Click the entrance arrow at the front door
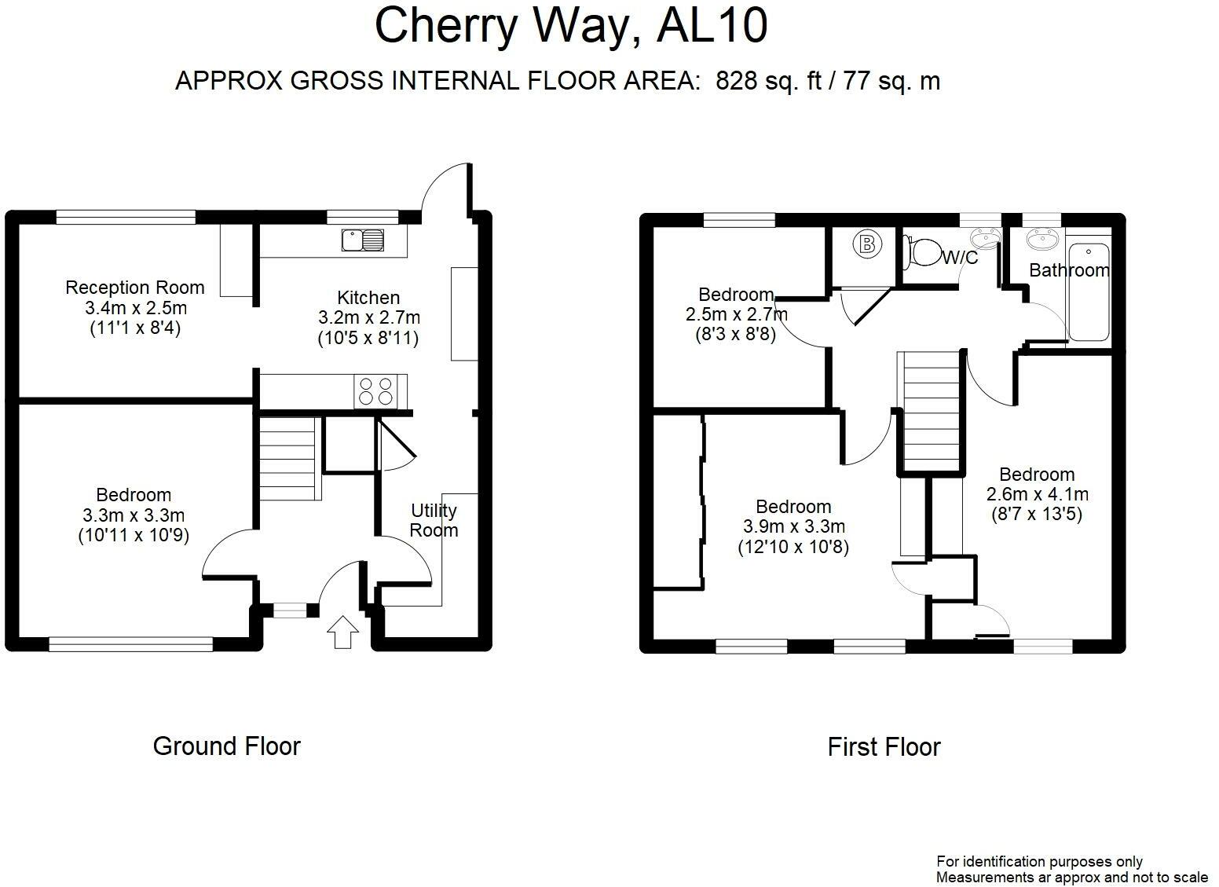point(342,632)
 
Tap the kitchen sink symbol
point(362,240)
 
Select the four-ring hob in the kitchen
point(375,391)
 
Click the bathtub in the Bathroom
point(1089,292)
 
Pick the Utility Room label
point(434,520)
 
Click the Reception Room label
point(135,288)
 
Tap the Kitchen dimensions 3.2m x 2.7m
point(369,317)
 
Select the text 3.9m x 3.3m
point(794,526)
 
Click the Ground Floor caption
point(226,746)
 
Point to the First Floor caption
point(884,747)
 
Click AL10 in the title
point(712,26)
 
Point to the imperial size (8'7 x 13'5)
point(1037,514)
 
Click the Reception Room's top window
point(126,218)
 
